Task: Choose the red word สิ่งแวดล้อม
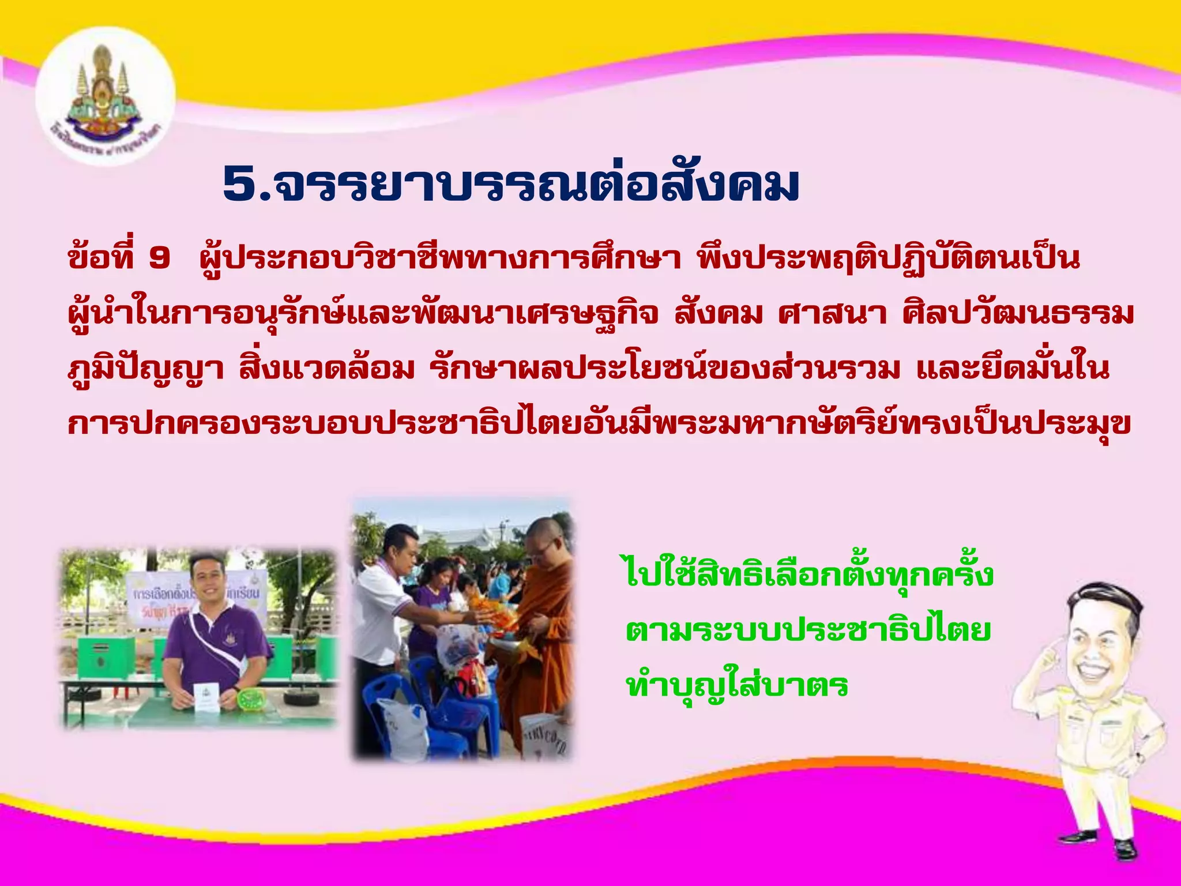(x=327, y=368)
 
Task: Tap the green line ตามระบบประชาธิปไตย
(x=808, y=630)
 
